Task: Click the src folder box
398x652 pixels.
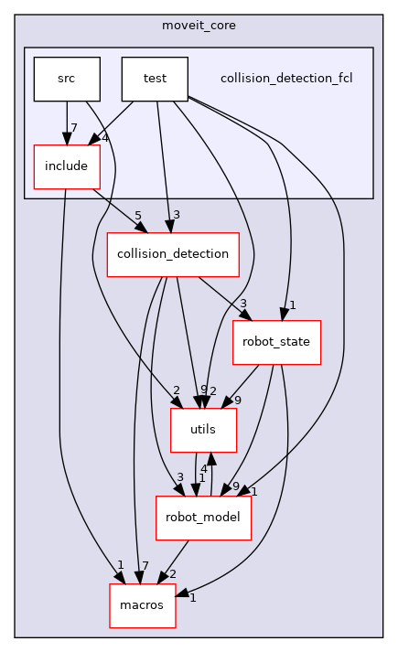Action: click(x=66, y=79)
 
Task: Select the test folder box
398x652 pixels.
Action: click(x=155, y=79)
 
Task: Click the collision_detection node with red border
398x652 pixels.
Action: click(x=173, y=254)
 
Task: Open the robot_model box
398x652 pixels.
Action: click(x=203, y=518)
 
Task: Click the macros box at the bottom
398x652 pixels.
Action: click(x=142, y=605)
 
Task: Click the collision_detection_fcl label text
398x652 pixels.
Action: click(x=286, y=79)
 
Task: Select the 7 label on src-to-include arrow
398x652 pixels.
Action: click(x=72, y=128)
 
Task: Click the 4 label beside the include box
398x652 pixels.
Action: click(x=106, y=139)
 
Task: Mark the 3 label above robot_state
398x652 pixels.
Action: click(x=244, y=304)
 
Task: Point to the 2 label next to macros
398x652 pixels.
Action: click(x=172, y=574)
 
